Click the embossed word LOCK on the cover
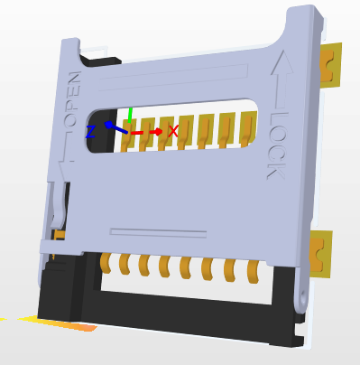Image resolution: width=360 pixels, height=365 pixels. (x=277, y=145)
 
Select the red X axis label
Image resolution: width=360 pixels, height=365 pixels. (x=173, y=131)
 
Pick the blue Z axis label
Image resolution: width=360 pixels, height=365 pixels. (x=90, y=132)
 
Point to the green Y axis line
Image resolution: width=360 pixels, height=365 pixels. (x=130, y=115)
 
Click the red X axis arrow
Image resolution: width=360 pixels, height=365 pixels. (x=146, y=132)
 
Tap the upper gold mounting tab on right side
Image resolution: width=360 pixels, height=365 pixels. (x=330, y=66)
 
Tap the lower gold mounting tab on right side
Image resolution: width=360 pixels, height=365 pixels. (x=320, y=254)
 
